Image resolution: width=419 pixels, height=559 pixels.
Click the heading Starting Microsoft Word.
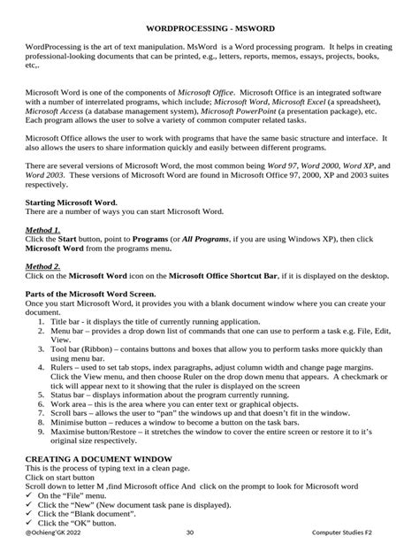(72, 203)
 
